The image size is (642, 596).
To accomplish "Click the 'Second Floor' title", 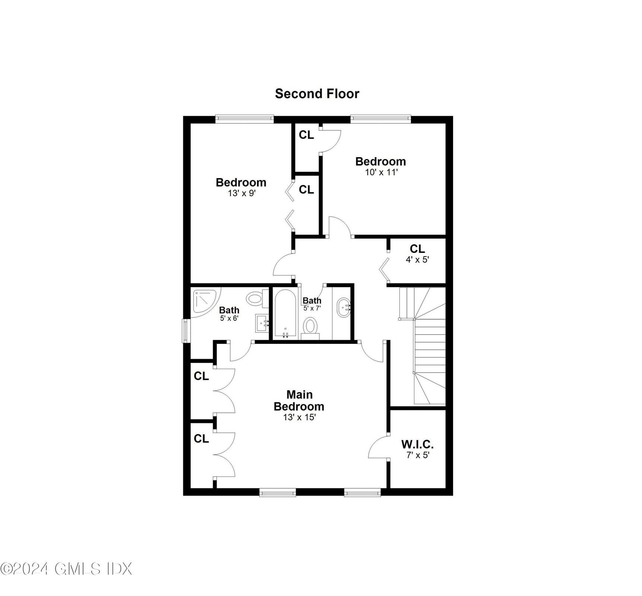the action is point(317,93).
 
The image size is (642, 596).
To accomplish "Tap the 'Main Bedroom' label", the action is point(299,400).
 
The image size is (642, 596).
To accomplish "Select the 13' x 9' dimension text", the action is point(241,193).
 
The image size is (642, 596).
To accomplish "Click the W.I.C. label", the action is point(417,444).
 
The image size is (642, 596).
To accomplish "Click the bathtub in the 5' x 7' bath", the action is point(285,314).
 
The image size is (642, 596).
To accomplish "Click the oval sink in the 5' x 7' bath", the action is point(344,307).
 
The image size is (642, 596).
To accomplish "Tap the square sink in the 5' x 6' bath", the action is point(262,323).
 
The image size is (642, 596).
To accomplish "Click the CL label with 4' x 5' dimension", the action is point(417,248).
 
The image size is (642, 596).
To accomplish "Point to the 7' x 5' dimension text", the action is point(418,455).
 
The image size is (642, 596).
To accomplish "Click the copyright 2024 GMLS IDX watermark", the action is point(66,569).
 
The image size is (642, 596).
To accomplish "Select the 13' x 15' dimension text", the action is point(299,417).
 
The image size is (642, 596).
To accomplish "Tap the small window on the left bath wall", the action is point(185,330).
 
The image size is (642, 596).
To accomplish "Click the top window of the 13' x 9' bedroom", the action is point(244,119).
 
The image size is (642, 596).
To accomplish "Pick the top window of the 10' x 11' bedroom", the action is point(380,119).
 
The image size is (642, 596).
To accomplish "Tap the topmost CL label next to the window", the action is point(306,135).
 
